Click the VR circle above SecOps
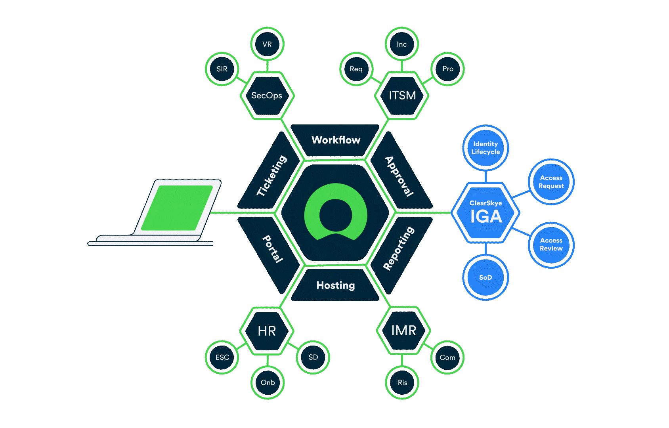point(267,44)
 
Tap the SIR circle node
point(222,69)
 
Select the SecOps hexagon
point(267,96)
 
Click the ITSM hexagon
point(402,96)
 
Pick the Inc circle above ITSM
point(402,44)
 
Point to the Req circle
point(356,69)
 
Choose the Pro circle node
point(448,69)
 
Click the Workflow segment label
point(336,140)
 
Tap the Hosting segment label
point(336,285)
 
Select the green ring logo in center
point(335,213)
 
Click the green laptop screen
point(177,207)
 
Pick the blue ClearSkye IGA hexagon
point(486,213)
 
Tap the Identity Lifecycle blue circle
point(486,148)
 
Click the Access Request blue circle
point(551,182)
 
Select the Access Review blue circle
point(551,245)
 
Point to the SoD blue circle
point(486,277)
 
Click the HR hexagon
point(267,331)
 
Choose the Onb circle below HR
point(268,382)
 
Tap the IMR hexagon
point(403,331)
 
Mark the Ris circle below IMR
point(402,382)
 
